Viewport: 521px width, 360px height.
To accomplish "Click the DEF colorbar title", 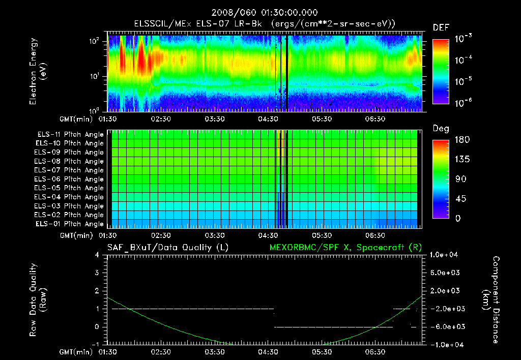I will (441, 28).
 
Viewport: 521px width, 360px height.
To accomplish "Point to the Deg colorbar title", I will (441, 129).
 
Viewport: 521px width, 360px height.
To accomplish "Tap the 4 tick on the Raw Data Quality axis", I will (98, 255).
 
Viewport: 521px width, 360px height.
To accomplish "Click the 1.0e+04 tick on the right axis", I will (446, 255).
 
